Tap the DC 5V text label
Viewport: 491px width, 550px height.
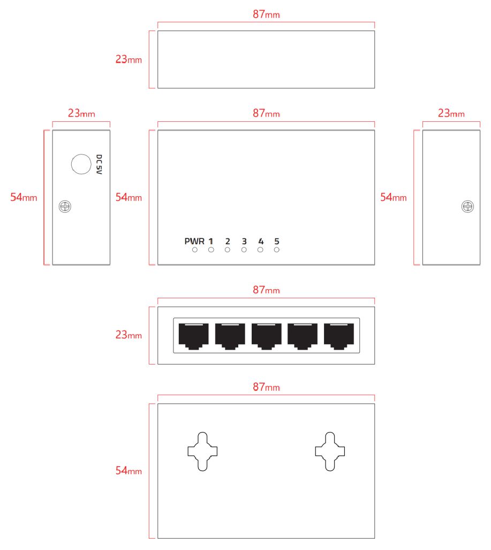point(99,165)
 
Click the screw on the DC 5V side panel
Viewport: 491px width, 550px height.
point(65,206)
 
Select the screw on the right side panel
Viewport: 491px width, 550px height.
point(467,206)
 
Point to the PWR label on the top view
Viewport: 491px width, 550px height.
point(194,241)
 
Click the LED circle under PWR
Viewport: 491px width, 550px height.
point(195,250)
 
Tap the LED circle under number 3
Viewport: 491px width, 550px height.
point(244,250)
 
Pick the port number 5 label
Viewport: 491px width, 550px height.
point(277,241)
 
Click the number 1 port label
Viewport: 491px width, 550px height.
point(211,241)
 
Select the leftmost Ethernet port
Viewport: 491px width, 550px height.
point(193,336)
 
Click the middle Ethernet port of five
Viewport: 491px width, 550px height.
point(266,336)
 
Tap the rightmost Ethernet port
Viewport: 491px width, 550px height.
point(339,336)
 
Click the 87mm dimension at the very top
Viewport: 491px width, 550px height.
point(266,14)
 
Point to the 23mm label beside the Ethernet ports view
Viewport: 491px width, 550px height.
point(129,335)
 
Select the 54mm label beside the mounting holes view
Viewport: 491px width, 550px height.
point(129,471)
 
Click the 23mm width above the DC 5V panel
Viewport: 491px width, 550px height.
point(81,113)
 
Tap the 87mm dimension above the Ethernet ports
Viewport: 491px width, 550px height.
point(266,290)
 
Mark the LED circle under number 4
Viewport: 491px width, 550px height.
point(261,250)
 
